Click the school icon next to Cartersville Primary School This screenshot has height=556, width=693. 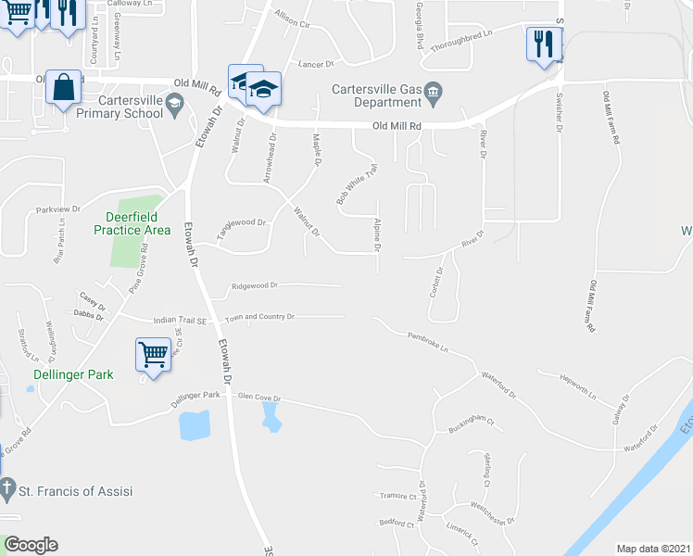[173, 112]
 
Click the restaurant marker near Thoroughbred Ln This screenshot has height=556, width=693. [542, 44]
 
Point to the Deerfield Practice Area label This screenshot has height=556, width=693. [132, 223]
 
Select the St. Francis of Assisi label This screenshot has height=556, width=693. [79, 490]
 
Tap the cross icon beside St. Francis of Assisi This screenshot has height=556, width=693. [7, 490]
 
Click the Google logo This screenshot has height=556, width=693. [31, 545]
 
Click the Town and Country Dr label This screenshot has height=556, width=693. [264, 317]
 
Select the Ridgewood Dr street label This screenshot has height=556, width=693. [256, 286]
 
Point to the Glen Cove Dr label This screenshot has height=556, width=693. [259, 397]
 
